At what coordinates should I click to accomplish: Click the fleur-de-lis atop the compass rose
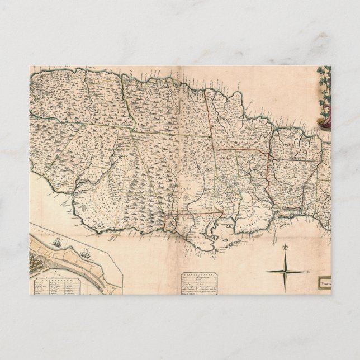pos(286,248)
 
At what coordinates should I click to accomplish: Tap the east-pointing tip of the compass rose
pos(306,272)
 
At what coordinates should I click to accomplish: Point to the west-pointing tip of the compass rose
pos(264,272)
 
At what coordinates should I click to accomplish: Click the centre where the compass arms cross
pos(286,272)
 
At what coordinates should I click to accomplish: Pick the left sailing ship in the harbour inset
pos(58,243)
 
